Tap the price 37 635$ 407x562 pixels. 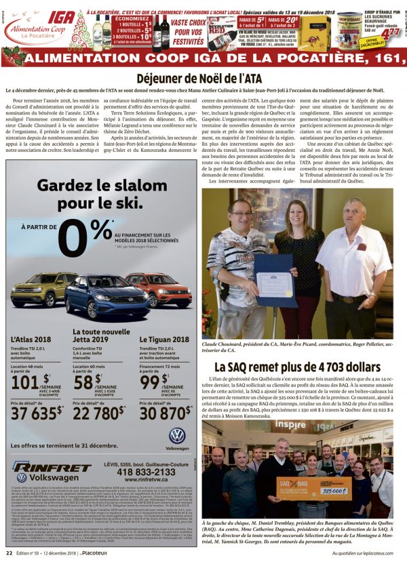37,412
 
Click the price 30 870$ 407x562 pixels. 164,412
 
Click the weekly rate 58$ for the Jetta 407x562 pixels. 87,381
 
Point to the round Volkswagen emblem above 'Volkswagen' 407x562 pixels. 177,435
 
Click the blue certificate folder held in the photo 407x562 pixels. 272,280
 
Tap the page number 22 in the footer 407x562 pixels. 9,553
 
